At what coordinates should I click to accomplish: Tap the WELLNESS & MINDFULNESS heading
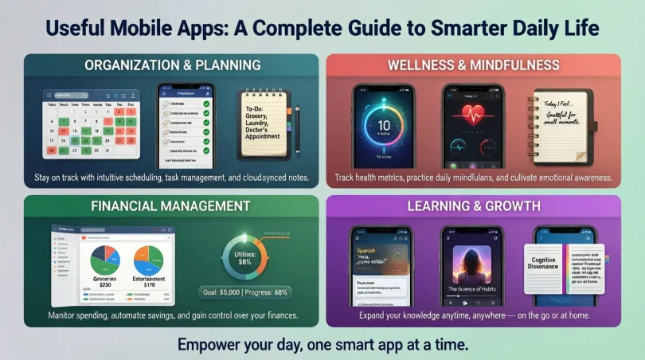click(473, 65)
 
